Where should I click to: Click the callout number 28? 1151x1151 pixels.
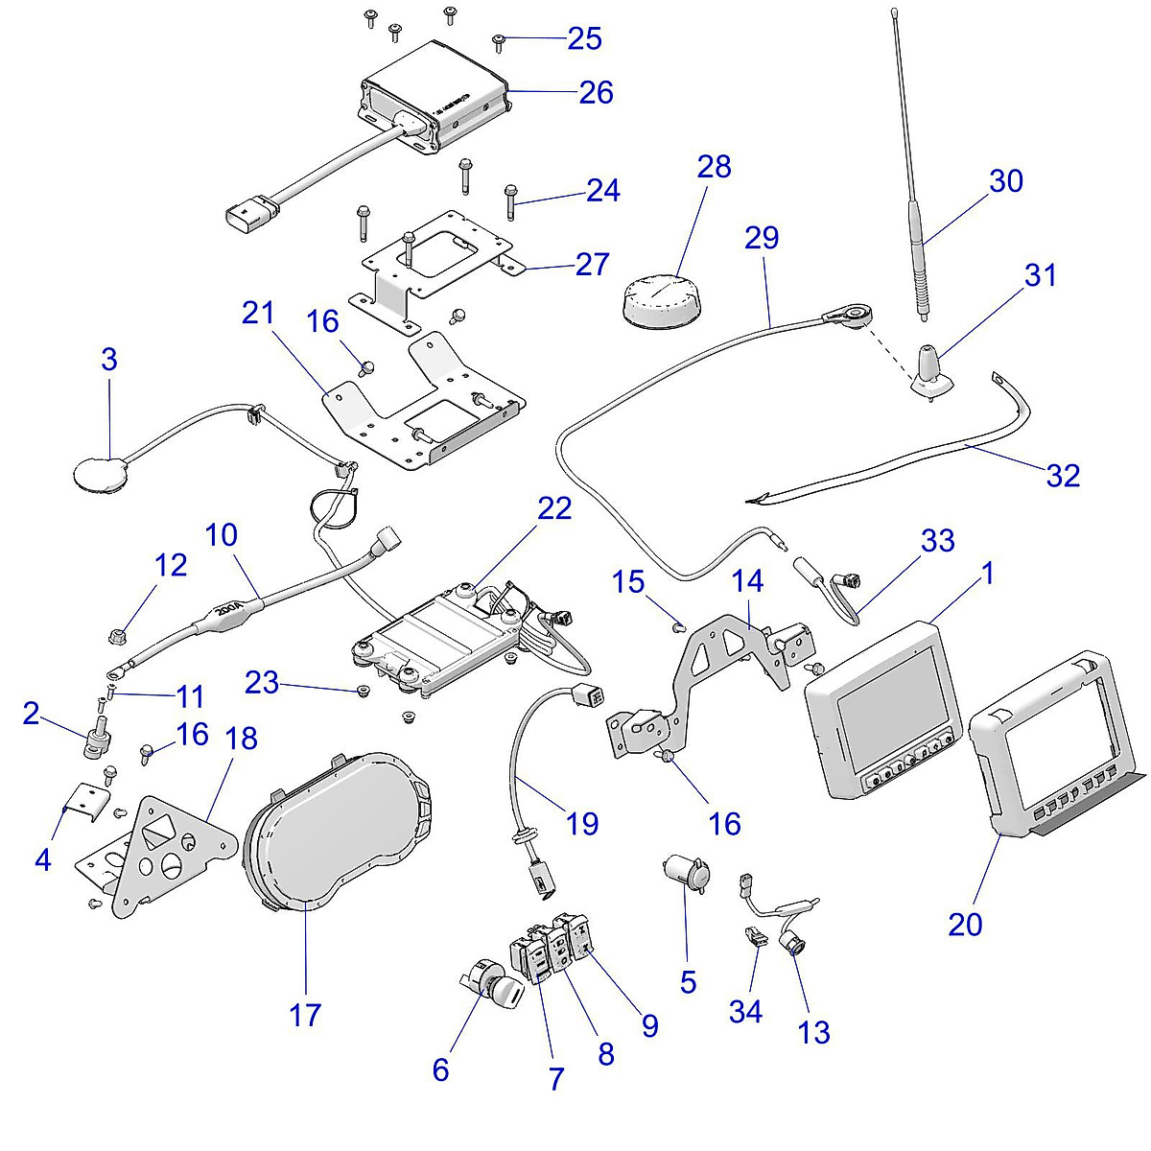pyautogui.click(x=714, y=167)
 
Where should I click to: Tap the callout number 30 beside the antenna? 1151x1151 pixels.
pyautogui.click(x=1005, y=181)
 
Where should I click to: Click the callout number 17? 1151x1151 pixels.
pyautogui.click(x=305, y=1014)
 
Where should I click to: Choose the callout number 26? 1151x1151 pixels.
pyautogui.click(x=596, y=93)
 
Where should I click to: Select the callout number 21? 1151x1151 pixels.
pyautogui.click(x=258, y=314)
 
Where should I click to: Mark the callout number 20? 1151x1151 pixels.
pyautogui.click(x=966, y=924)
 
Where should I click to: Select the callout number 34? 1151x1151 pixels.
pyautogui.click(x=745, y=1010)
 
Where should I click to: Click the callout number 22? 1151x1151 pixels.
pyautogui.click(x=554, y=508)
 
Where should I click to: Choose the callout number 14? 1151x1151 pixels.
pyautogui.click(x=747, y=580)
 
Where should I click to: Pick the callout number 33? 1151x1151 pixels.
pyautogui.click(x=937, y=541)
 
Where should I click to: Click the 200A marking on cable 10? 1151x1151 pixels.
pyautogui.click(x=227, y=608)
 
